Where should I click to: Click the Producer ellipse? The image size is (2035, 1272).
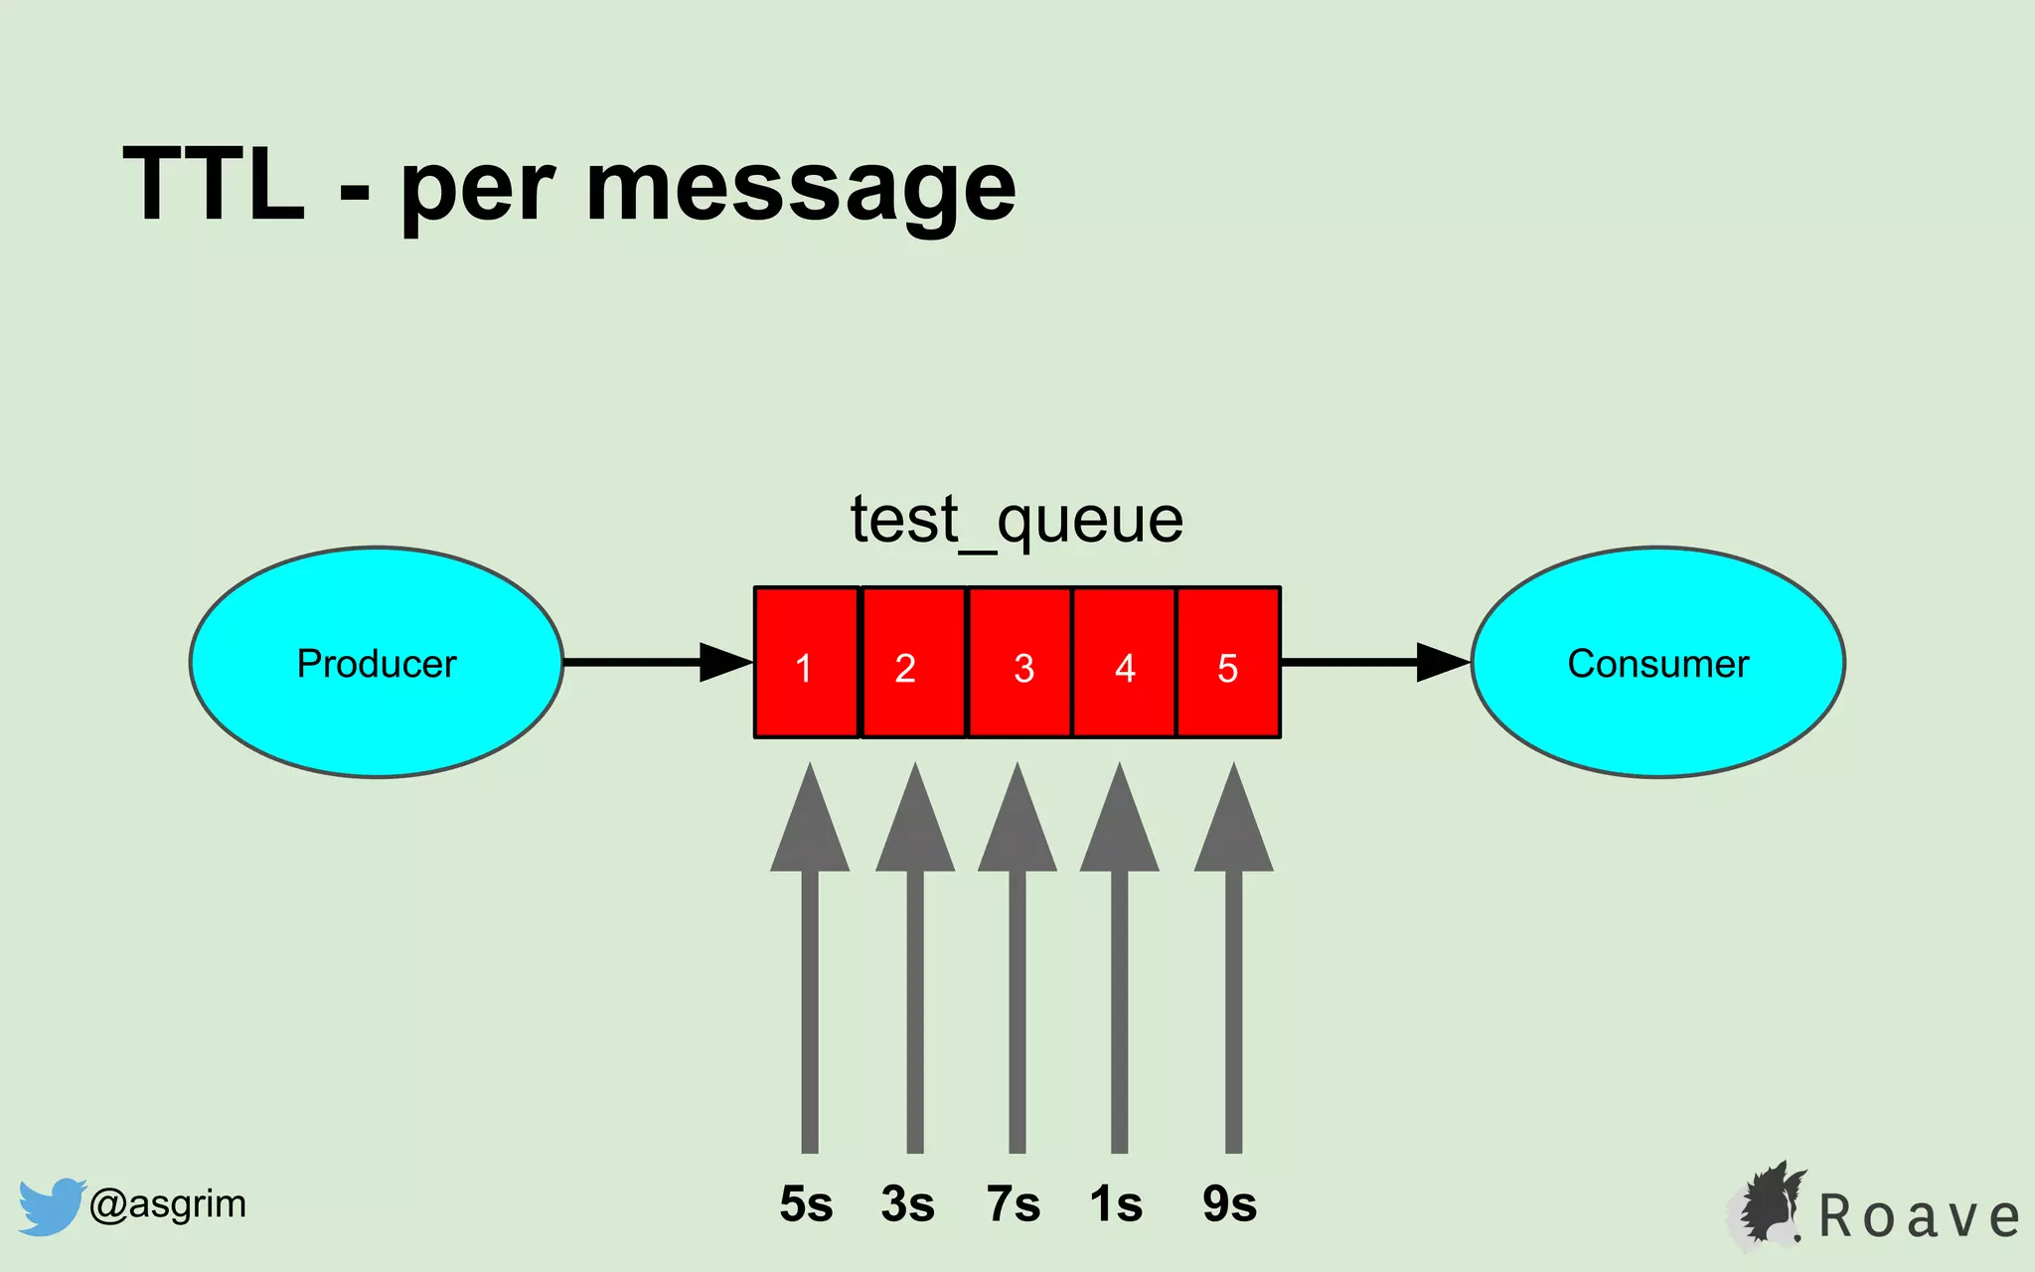coord(377,662)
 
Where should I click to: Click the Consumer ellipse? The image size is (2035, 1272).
coord(1657,662)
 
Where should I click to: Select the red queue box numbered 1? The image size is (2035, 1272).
coord(806,663)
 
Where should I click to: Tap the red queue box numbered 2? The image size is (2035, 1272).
coord(912,663)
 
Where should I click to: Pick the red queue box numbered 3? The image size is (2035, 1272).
coord(1019,663)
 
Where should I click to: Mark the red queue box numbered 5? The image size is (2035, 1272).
coord(1229,663)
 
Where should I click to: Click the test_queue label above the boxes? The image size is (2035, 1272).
coord(1017,520)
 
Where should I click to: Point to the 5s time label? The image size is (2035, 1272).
coord(806,1204)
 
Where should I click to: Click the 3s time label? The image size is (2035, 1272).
coord(907,1204)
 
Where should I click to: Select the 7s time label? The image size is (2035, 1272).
coord(1014,1204)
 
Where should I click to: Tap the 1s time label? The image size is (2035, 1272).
coord(1116,1204)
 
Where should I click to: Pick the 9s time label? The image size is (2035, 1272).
coord(1230,1204)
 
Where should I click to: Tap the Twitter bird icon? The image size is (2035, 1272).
coord(51,1206)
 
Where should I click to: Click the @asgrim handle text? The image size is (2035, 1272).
coord(167,1204)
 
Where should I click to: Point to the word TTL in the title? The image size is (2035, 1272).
coord(214,185)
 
